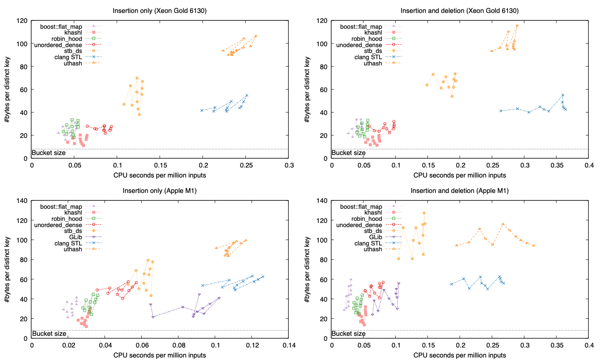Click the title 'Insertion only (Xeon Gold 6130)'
pos(160,10)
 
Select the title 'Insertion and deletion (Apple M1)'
pos(460,191)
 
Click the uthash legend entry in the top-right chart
pos(372,63)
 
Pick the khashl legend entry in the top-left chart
pos(73,32)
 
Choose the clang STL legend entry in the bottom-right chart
pos(368,243)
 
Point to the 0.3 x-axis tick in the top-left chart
pos(289,165)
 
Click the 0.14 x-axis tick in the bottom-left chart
pos(289,345)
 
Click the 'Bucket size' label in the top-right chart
pos(348,153)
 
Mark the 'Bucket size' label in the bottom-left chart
pos(49,333)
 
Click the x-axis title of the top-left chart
pos(160,175)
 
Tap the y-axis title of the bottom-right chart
pos(308,269)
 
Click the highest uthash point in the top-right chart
pos(517,25)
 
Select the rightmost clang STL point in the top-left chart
pos(247,95)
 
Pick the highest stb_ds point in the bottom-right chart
pos(424,213)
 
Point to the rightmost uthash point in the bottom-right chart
pos(533,245)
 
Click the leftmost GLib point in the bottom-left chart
pos(150,305)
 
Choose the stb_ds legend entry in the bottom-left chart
pos(73,231)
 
